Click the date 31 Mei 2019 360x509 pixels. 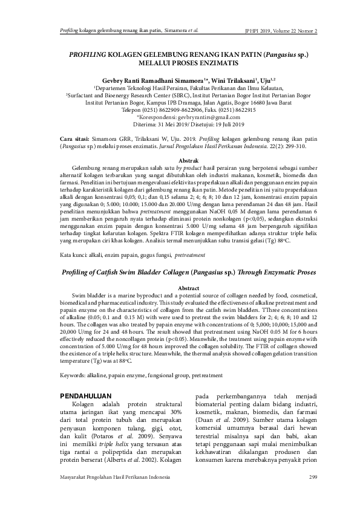pos(173,125)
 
